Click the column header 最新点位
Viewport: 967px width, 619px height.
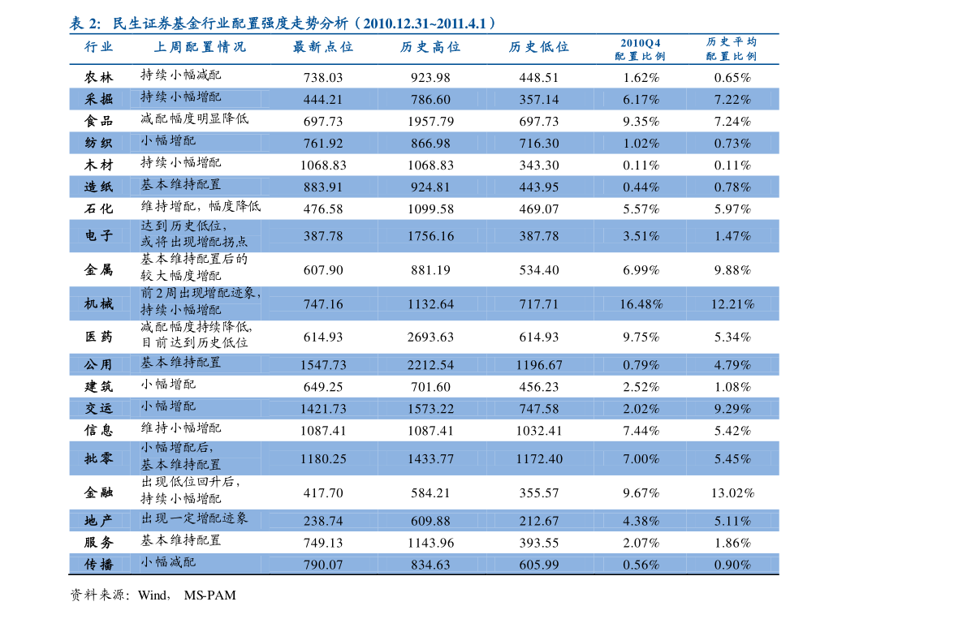(x=323, y=47)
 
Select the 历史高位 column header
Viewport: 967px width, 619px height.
(x=430, y=47)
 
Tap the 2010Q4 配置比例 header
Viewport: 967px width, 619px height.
(x=640, y=49)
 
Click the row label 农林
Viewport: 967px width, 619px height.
(x=99, y=78)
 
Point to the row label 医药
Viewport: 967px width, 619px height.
(x=99, y=337)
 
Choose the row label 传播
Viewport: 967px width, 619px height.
(x=99, y=564)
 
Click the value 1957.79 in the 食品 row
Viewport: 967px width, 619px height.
(x=430, y=122)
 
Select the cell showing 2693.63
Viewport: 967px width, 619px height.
(x=430, y=337)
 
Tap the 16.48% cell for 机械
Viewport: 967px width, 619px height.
(x=641, y=304)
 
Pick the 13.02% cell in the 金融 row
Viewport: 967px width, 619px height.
(x=732, y=492)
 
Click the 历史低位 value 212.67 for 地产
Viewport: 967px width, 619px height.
(x=539, y=521)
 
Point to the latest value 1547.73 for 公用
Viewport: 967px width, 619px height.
(x=323, y=364)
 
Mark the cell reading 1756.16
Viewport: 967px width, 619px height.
(x=430, y=236)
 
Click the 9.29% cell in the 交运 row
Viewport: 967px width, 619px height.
(x=732, y=408)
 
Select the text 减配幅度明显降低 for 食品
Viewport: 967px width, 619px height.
(x=194, y=119)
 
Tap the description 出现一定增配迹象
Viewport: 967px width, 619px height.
(x=194, y=518)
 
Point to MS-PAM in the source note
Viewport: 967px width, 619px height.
(x=209, y=595)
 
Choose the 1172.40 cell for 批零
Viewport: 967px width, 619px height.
(x=539, y=459)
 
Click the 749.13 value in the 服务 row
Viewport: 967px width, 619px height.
(x=323, y=543)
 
